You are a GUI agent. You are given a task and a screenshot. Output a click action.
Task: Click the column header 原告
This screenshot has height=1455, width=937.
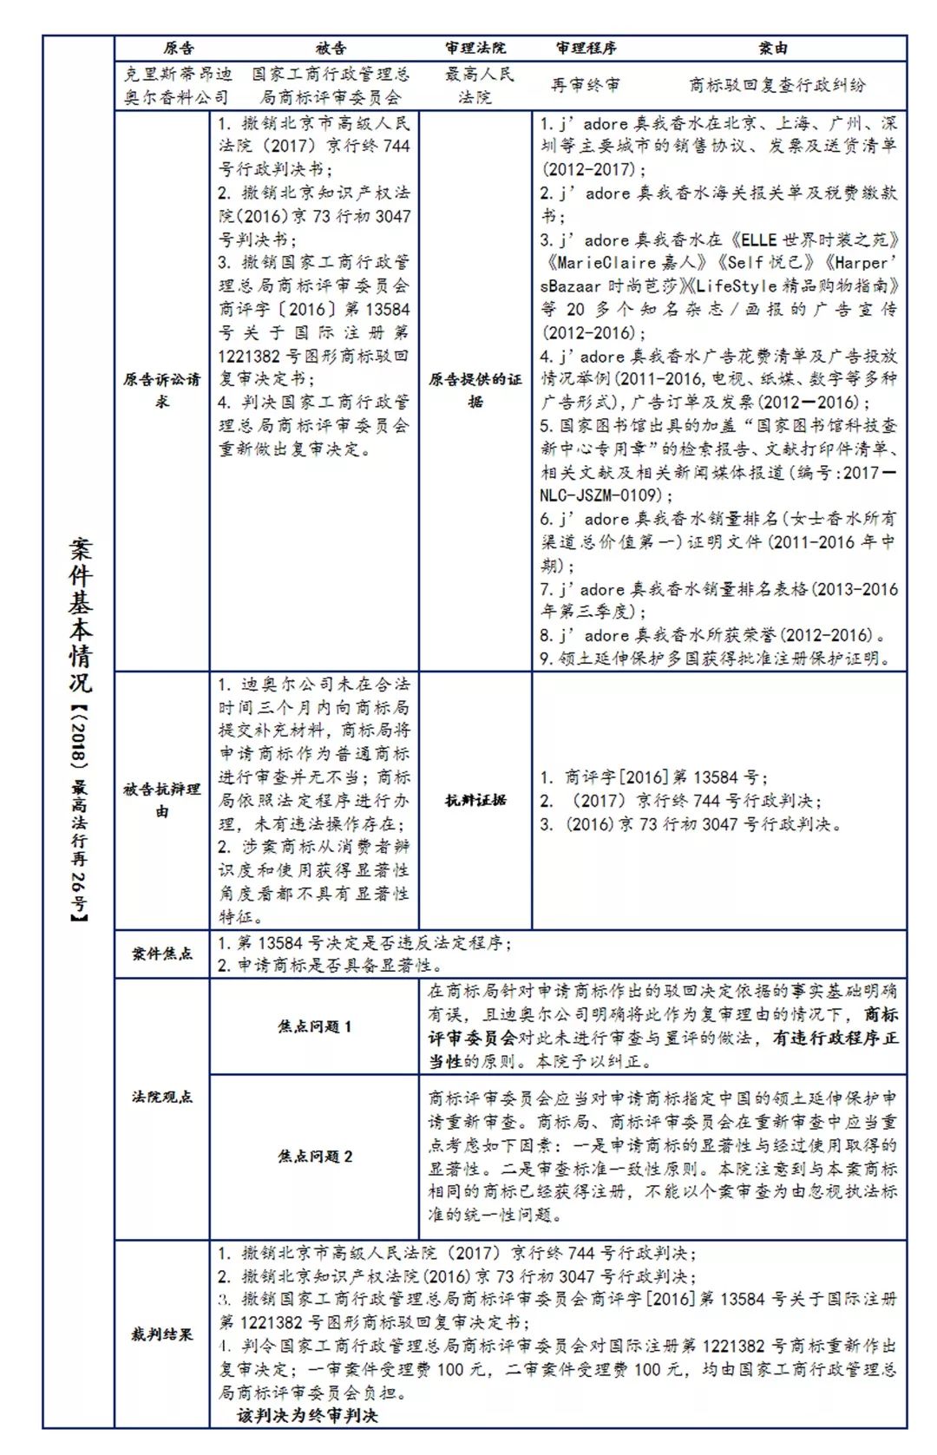[x=179, y=49]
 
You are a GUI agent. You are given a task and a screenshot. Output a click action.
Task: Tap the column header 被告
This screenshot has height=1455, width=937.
[x=331, y=49]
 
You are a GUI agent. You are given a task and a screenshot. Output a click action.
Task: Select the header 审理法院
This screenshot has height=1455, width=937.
[x=475, y=49]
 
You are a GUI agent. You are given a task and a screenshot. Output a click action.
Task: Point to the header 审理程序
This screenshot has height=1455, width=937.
[x=586, y=49]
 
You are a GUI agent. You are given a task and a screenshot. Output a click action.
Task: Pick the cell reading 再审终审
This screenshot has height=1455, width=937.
[x=586, y=85]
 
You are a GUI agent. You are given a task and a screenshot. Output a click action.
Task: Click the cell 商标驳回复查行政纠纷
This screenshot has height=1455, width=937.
[x=777, y=85]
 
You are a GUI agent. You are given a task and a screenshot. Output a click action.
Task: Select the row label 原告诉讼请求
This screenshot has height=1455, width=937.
[x=162, y=390]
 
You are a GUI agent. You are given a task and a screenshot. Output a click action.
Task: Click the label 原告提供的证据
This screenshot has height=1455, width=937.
[x=475, y=390]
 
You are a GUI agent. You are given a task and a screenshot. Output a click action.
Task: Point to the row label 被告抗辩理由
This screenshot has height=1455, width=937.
[x=162, y=800]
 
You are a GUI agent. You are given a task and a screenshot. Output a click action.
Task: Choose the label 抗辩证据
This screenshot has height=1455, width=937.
[x=475, y=800]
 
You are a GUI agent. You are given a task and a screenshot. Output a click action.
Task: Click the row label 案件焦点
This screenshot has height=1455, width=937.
[x=162, y=954]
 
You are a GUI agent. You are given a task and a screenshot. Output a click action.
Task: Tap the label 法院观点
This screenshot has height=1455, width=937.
[x=162, y=1097]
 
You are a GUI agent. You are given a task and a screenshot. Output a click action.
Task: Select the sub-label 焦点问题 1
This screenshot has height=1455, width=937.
[x=315, y=1026]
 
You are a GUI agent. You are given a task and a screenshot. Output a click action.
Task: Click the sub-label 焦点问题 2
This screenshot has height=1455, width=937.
[x=315, y=1157]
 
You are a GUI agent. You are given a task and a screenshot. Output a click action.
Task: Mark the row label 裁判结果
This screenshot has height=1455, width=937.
[x=162, y=1334]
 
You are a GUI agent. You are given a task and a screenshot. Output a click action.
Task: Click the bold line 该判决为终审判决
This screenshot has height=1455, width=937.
[x=308, y=1416]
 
